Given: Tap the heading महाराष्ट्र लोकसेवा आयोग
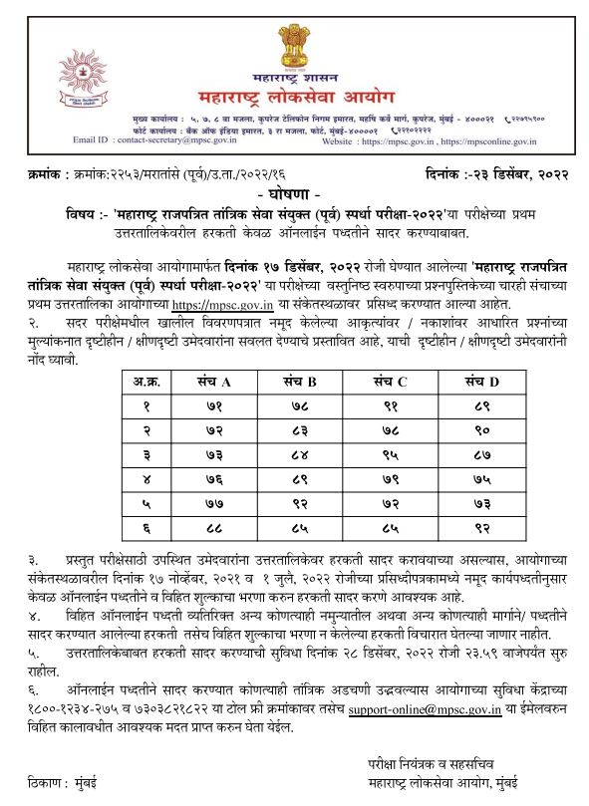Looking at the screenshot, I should [297, 97].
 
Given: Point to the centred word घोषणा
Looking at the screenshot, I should [295, 190].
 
